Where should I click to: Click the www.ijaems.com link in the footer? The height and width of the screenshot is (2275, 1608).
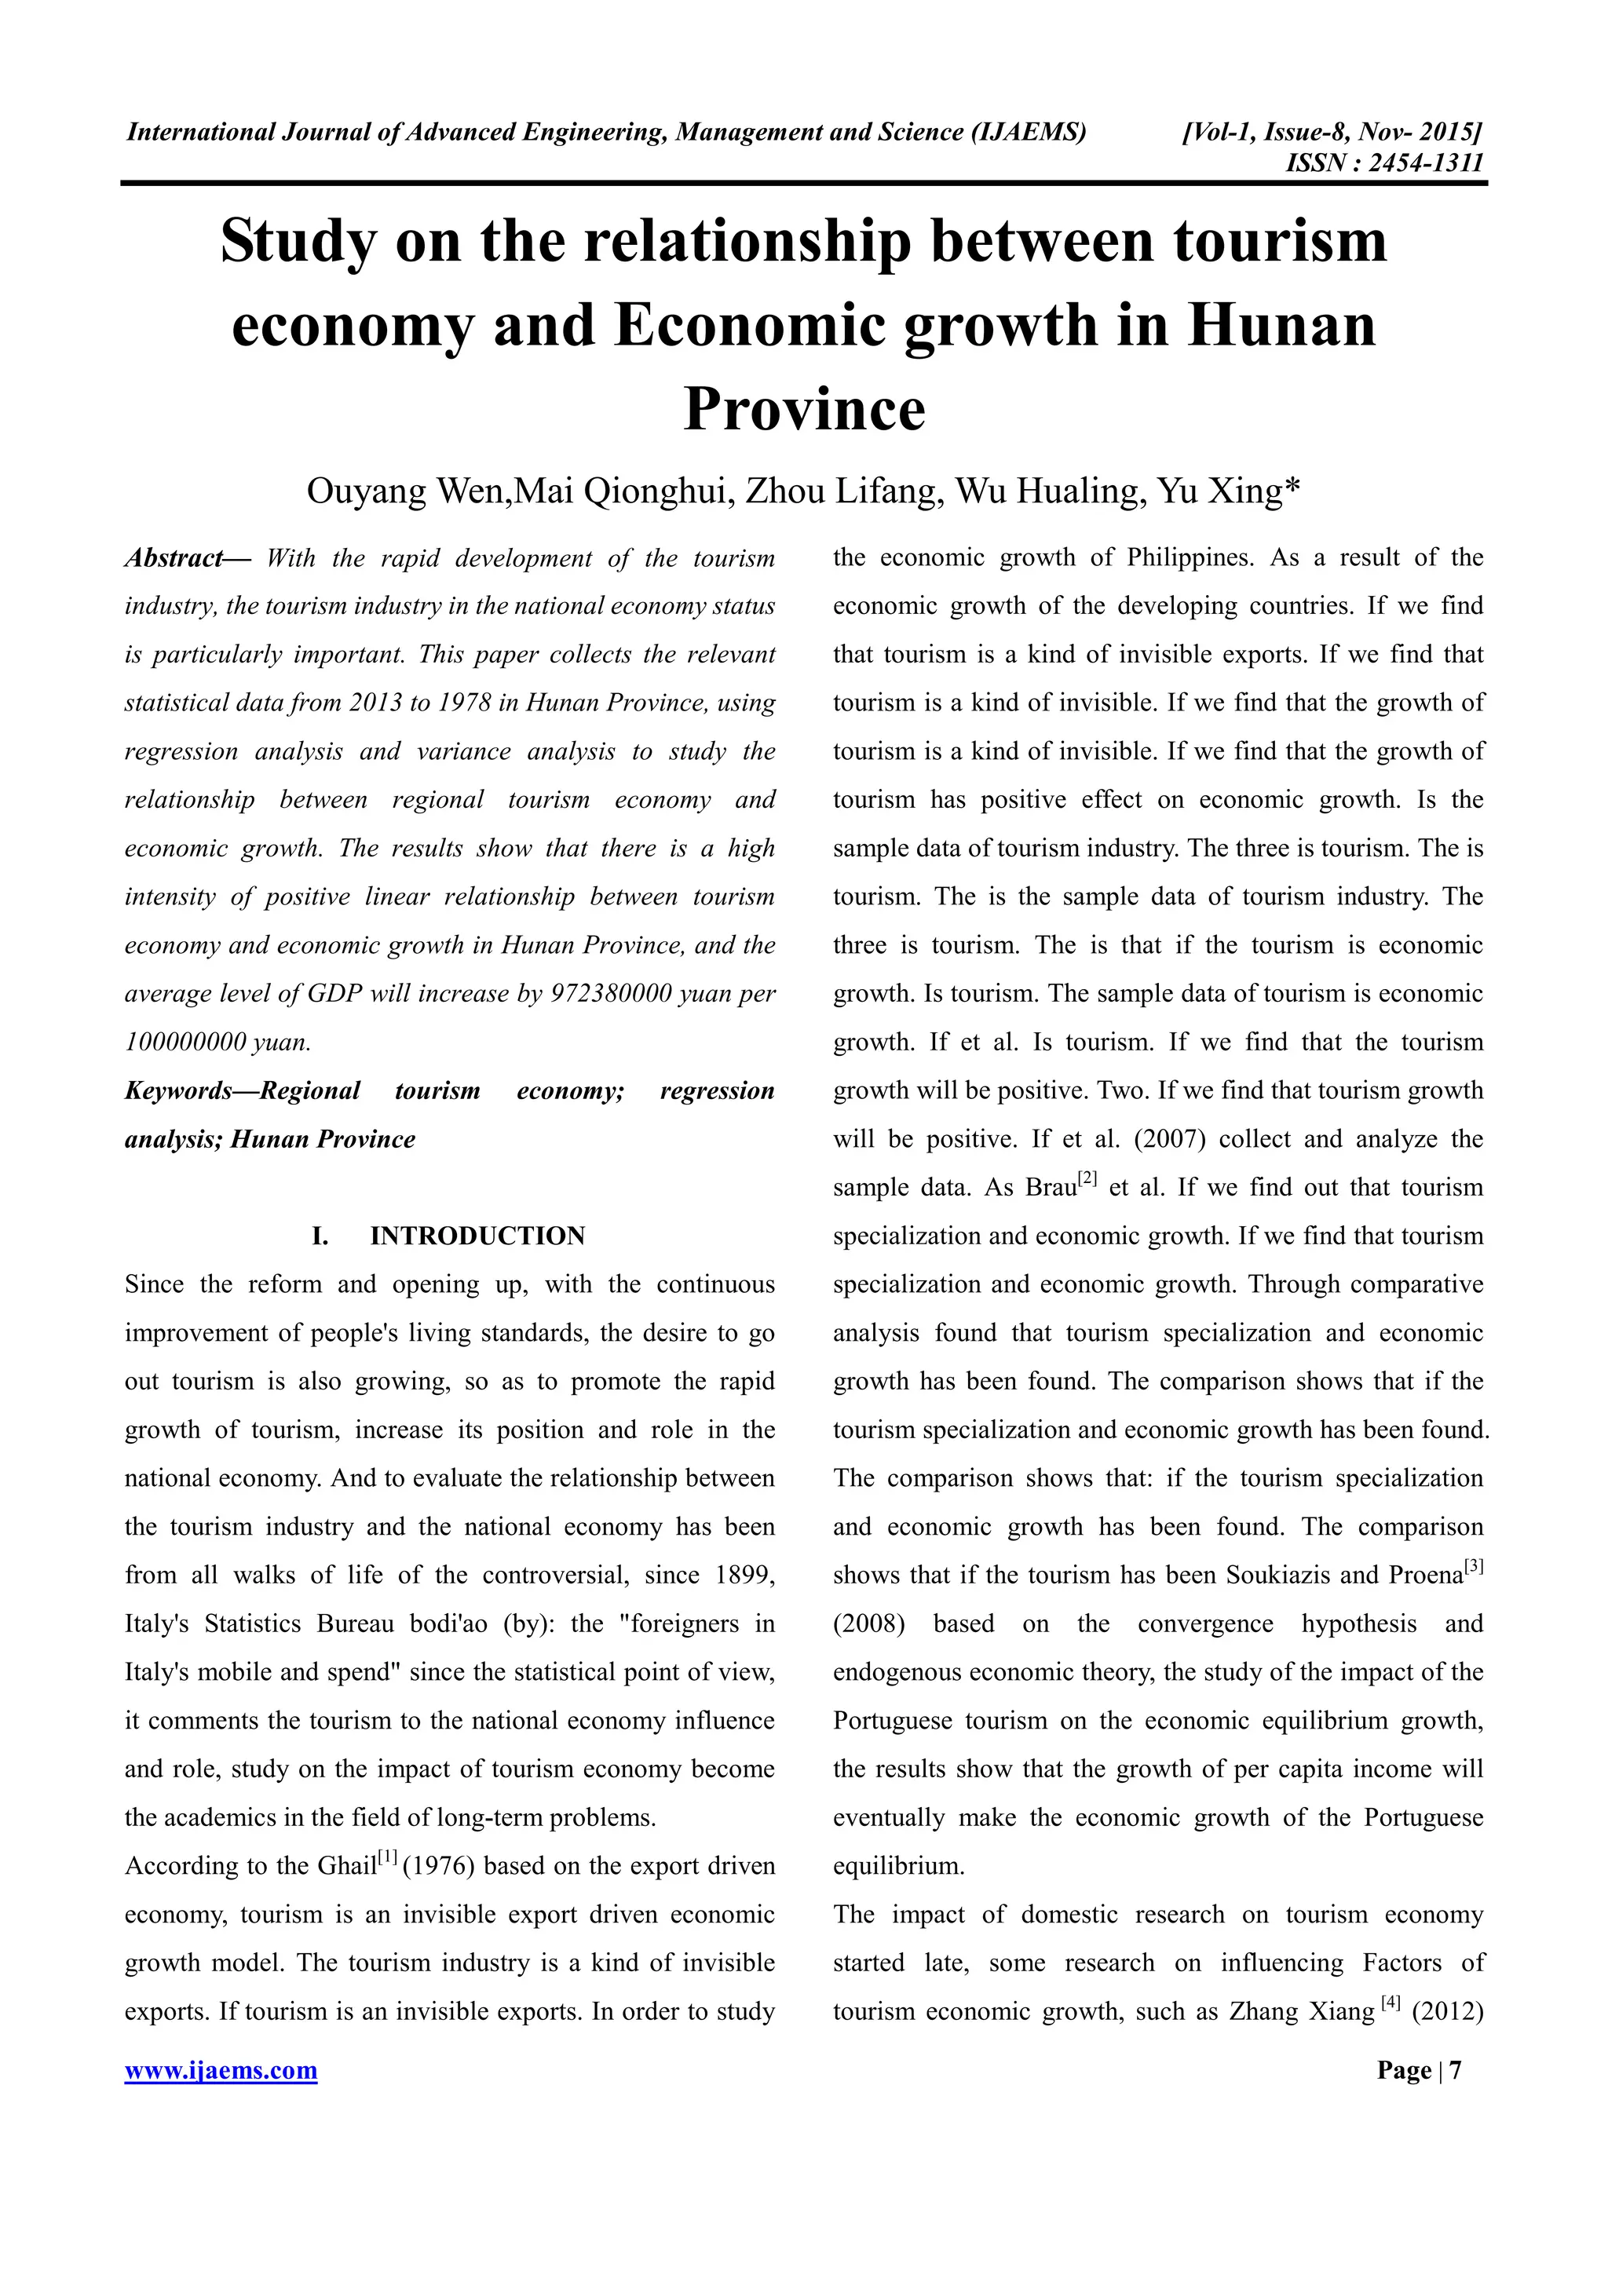pos(221,2070)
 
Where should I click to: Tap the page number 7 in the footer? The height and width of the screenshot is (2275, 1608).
pos(1456,2070)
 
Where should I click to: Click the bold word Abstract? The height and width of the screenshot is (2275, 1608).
pos(174,558)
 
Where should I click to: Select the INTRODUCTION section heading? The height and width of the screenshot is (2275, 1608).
pos(477,1236)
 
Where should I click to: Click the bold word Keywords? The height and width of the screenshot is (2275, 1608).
pos(178,1091)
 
